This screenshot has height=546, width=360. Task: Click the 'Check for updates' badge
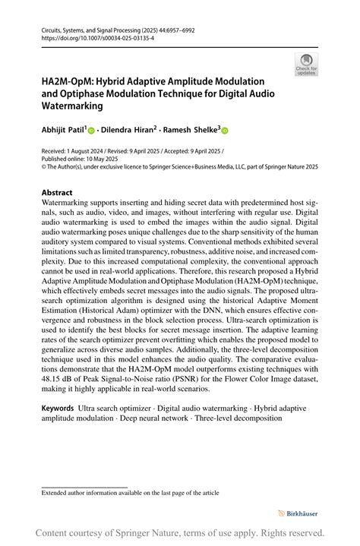coord(306,64)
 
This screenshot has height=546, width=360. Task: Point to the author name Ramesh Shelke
coord(193,130)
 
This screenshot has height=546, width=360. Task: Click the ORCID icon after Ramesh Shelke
coord(225,131)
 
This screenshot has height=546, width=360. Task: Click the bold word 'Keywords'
coord(58,409)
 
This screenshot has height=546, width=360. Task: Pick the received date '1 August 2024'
coord(86,152)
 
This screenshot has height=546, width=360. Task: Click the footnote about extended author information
coord(130,493)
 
